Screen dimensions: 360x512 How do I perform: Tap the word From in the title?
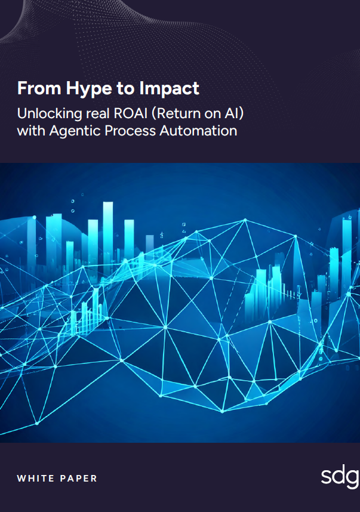click(39, 88)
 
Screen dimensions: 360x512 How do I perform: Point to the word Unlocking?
click(50, 114)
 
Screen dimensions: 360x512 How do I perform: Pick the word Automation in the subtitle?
click(198, 131)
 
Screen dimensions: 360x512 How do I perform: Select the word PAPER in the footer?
click(78, 479)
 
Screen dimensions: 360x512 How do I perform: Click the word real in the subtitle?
click(98, 113)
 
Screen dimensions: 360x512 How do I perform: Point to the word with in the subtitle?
click(31, 131)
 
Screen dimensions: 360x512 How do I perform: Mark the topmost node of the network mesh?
click(245, 220)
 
